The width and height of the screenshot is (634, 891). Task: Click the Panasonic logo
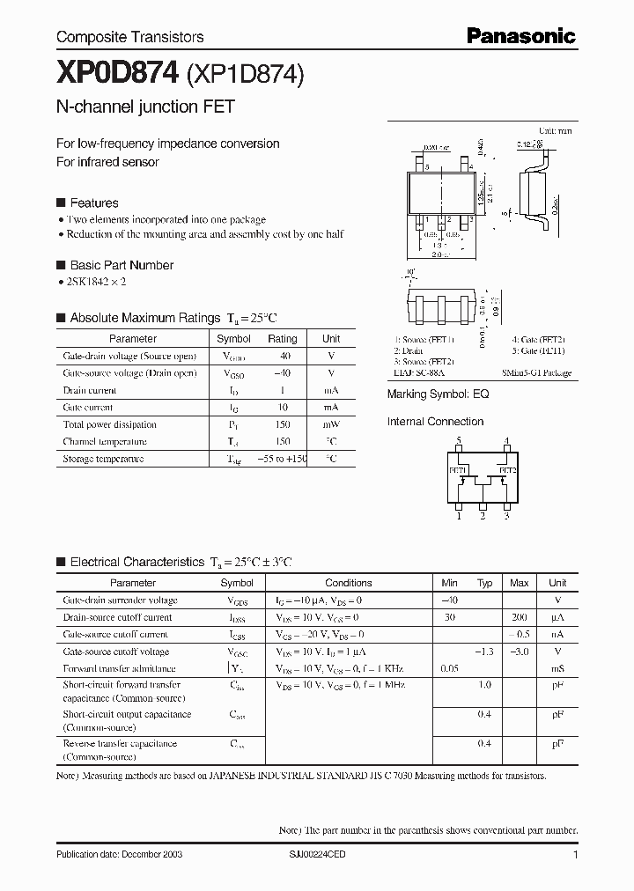point(520,36)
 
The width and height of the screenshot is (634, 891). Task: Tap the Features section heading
point(93,202)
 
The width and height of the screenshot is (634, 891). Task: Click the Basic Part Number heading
point(122,265)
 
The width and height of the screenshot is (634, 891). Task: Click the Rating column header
point(282,339)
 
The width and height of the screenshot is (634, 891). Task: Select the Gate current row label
point(88,408)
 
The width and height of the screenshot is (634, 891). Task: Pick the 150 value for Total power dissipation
point(282,424)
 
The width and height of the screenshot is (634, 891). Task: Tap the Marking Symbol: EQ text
point(438,394)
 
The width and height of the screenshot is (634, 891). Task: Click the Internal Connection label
point(435,422)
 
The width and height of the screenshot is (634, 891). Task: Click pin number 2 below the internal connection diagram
point(483,517)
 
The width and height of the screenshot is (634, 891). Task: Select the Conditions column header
point(348,583)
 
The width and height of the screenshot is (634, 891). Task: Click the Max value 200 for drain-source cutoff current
point(519,617)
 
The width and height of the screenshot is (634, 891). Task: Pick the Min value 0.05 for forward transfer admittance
point(449,669)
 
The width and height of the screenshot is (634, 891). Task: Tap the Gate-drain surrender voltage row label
point(120,600)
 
